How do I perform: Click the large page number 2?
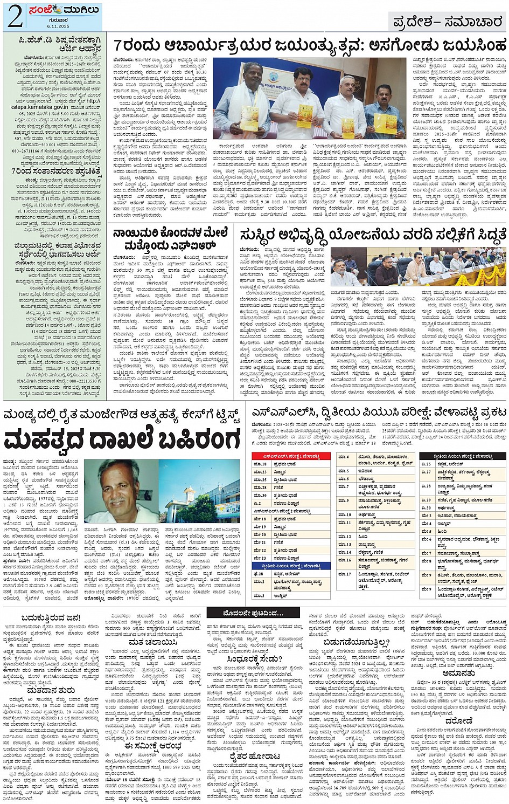tap(15, 17)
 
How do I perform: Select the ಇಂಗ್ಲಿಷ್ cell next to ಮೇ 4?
tap(444, 524)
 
